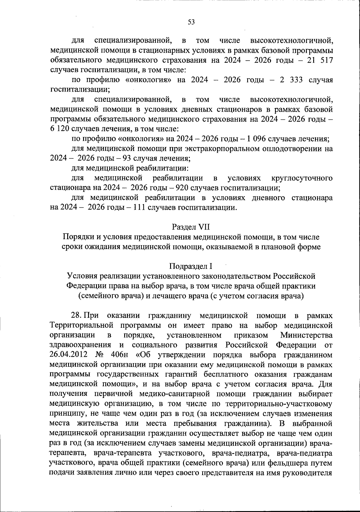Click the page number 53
click(x=191, y=22)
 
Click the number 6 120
click(x=60, y=129)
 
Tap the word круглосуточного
click(x=302, y=178)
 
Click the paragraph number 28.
click(x=76, y=315)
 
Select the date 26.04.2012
click(x=68, y=355)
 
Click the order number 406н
click(x=119, y=355)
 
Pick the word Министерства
click(x=306, y=335)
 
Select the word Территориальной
click(x=82, y=325)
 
